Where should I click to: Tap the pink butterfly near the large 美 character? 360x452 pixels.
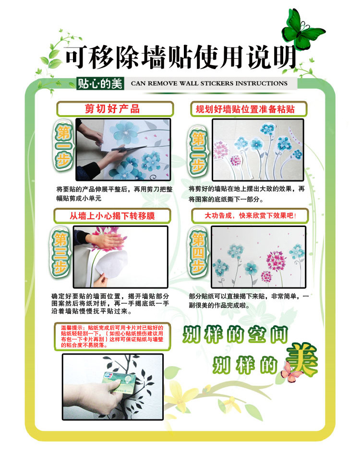click(291, 372)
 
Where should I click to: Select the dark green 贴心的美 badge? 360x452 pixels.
click(100, 83)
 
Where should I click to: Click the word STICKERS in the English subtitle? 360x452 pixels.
click(216, 83)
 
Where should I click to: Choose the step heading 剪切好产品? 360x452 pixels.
click(112, 108)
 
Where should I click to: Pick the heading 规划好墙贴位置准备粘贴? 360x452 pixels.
click(245, 109)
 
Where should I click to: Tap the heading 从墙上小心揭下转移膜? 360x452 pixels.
click(112, 215)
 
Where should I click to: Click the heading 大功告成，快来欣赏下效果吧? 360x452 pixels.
click(250, 215)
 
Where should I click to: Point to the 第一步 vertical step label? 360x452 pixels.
click(64, 145)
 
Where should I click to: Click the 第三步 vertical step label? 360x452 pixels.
click(60, 252)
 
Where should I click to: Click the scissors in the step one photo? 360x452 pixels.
click(127, 149)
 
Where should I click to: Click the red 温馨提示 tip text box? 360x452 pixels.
click(112, 336)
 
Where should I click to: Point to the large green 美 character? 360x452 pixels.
click(302, 359)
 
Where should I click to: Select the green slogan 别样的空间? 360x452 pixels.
click(235, 334)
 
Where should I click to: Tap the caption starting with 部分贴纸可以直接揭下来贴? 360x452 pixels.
click(249, 300)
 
